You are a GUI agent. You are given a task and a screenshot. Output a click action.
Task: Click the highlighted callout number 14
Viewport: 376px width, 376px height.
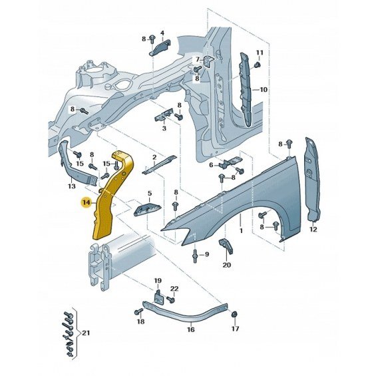coord(86,202)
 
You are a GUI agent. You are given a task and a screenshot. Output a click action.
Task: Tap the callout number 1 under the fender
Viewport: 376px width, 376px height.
coord(241,230)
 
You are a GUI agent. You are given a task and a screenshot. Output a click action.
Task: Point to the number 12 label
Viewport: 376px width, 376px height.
coord(313,229)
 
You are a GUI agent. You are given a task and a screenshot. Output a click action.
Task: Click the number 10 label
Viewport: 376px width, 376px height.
coord(264,90)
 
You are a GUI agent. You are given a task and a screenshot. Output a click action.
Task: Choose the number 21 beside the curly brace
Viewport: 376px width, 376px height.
coord(86,333)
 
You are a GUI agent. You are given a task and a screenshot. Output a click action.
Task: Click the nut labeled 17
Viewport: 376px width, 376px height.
coord(234,314)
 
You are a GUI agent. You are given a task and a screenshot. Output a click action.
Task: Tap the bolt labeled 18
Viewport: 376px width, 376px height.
coord(138,311)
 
